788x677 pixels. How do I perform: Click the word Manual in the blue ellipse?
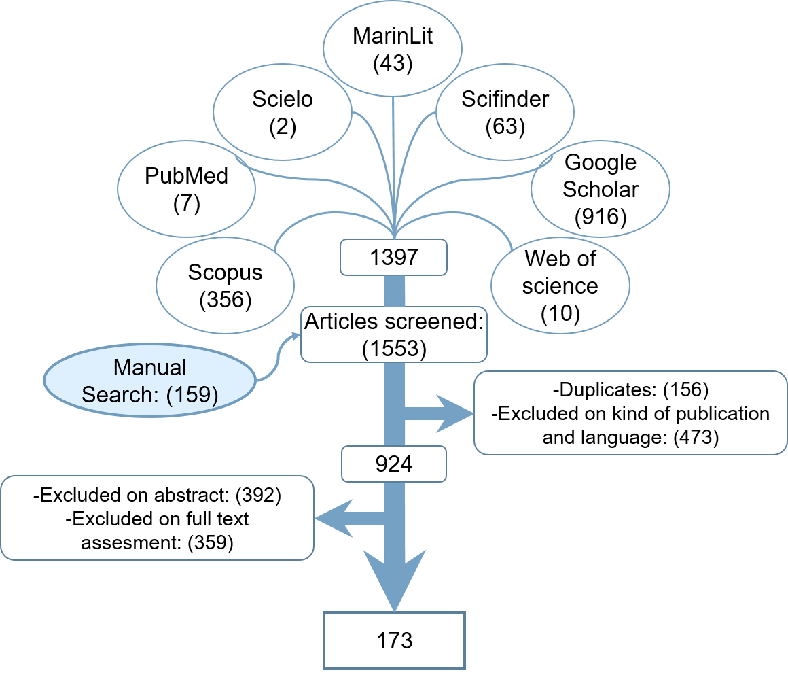coord(149,368)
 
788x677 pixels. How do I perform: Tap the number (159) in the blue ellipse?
coord(192,394)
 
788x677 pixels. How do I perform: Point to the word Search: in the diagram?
coord(121,394)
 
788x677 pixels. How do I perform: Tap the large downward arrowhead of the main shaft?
coord(394,578)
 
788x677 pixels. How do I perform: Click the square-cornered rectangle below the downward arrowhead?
coord(394,640)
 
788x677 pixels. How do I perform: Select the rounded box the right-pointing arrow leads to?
coord(630,413)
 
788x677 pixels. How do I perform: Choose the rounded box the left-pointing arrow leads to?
coord(157,518)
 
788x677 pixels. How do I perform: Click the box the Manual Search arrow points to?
coord(394,334)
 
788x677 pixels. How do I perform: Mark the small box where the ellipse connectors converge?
coord(394,257)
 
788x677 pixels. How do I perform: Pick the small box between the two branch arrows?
coord(394,464)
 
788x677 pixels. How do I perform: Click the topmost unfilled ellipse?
coord(393,48)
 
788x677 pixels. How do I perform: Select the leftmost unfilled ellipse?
coord(187,188)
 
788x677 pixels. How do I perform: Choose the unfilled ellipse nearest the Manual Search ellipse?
coord(226,285)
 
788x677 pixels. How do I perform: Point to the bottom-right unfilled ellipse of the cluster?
coord(560,285)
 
